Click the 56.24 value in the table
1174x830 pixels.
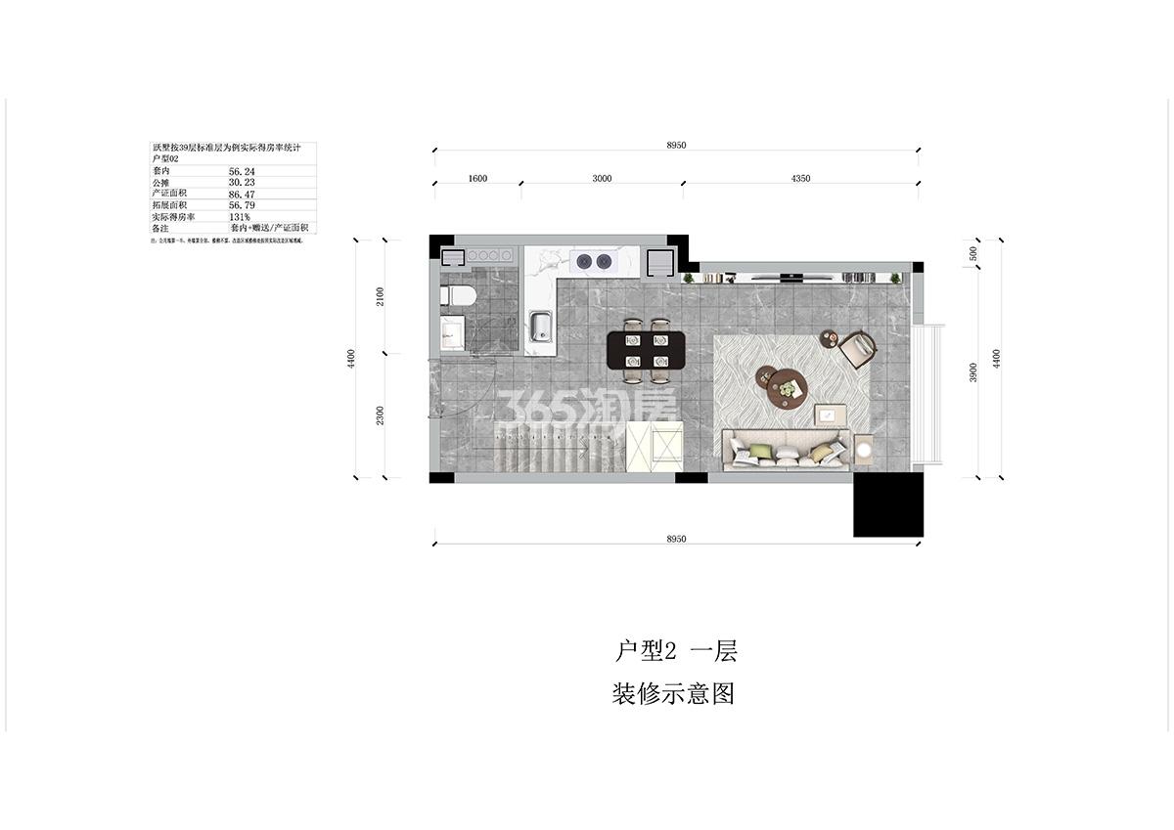(x=242, y=170)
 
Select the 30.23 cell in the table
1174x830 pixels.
(x=242, y=182)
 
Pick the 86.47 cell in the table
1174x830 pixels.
(x=242, y=194)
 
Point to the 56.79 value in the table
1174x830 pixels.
(x=242, y=205)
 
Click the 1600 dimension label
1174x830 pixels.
(x=477, y=179)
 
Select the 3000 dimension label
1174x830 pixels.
(x=602, y=179)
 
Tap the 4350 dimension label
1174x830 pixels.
(x=800, y=179)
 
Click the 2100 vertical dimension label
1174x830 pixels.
(x=381, y=296)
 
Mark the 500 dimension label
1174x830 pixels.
(x=973, y=252)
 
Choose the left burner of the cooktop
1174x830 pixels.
(x=586, y=260)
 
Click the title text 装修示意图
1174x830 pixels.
(x=672, y=694)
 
